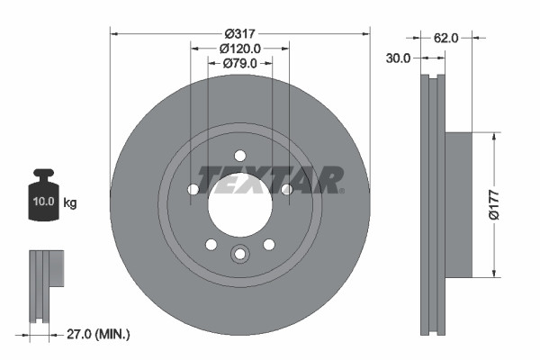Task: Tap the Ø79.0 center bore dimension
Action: point(239,63)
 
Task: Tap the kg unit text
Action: point(70,203)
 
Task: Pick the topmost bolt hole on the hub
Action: point(239,154)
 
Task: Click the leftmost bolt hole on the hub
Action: point(193,189)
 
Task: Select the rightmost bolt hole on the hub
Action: point(286,189)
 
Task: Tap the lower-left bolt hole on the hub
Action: point(211,244)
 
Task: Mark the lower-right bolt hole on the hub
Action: point(268,244)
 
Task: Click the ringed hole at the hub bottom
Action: point(239,255)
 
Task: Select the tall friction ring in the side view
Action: point(433,205)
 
